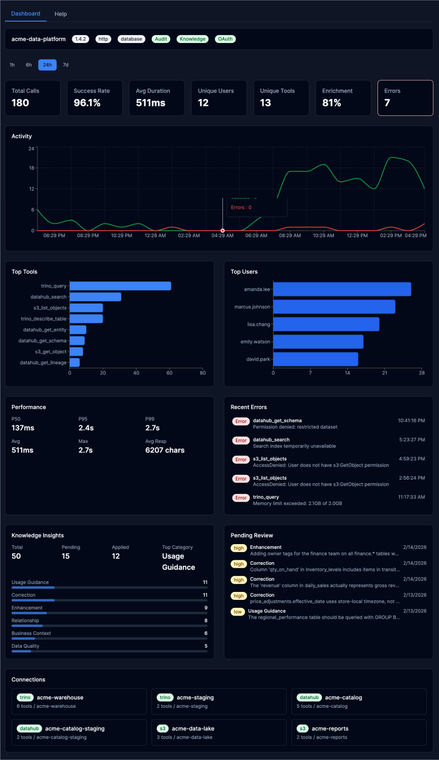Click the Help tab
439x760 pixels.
[x=61, y=14]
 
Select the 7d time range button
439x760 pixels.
[x=65, y=65]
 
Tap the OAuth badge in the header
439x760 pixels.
[x=225, y=39]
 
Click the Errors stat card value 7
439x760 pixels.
[x=387, y=103]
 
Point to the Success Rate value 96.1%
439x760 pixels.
[x=87, y=103]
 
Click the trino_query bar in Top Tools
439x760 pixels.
[x=120, y=286]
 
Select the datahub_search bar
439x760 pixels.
[x=95, y=297]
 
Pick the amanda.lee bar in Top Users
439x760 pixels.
[x=342, y=289]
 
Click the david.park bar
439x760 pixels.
[x=315, y=359]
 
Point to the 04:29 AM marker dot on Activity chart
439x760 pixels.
[x=223, y=230]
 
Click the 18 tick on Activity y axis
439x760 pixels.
[x=32, y=168]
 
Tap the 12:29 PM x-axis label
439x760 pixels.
[x=357, y=236]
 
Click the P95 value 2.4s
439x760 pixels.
[x=86, y=428]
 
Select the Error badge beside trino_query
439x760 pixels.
[x=241, y=498]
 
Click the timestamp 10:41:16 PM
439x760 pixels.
[x=411, y=420]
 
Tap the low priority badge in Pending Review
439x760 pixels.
[x=237, y=612]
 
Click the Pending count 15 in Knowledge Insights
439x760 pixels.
[x=65, y=556]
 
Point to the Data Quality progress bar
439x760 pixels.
[x=109, y=651]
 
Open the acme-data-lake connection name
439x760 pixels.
[x=193, y=728]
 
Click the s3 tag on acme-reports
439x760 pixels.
[x=302, y=728]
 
